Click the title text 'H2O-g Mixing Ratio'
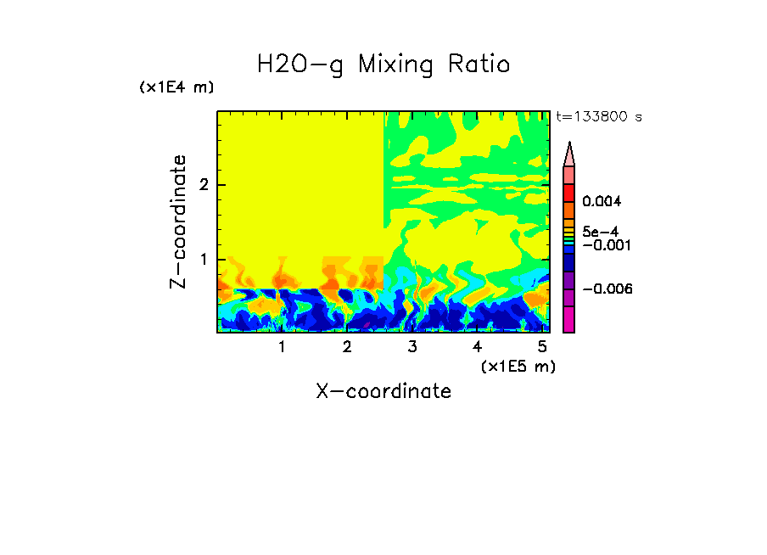tap(383, 64)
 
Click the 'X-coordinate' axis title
tap(383, 391)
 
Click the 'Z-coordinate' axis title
tap(179, 221)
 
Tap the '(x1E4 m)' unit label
tap(176, 87)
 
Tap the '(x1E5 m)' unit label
tap(518, 366)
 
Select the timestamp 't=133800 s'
tap(598, 117)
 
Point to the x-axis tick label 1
tap(282, 347)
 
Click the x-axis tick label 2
tap(346, 347)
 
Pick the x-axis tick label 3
tap(411, 347)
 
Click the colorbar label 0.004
tap(602, 202)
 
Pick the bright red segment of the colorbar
tap(569, 193)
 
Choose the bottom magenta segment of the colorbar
tap(569, 320)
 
